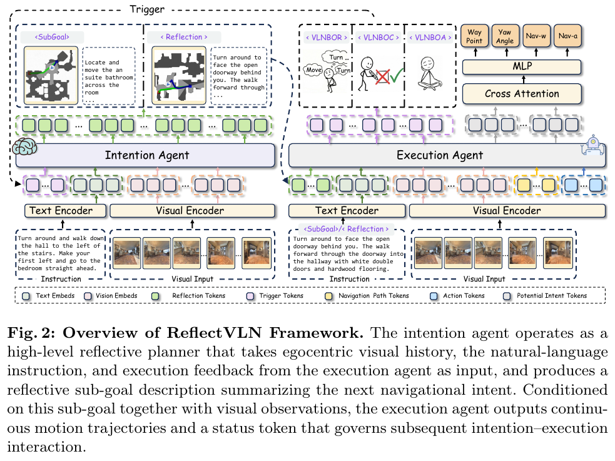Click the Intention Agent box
(x=145, y=155)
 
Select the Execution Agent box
(x=447, y=155)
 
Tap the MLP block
(x=522, y=67)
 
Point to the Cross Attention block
(x=522, y=94)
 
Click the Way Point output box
(x=474, y=36)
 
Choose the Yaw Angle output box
(x=505, y=36)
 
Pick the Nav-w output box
(x=536, y=36)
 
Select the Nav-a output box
(x=567, y=36)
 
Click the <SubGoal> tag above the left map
(x=52, y=38)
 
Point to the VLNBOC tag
(x=379, y=38)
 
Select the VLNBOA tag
(x=430, y=38)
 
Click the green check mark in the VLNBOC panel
(x=396, y=74)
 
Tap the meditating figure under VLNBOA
(x=429, y=73)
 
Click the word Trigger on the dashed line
(x=147, y=9)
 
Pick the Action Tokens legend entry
(x=457, y=296)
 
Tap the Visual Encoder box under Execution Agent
(x=507, y=211)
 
